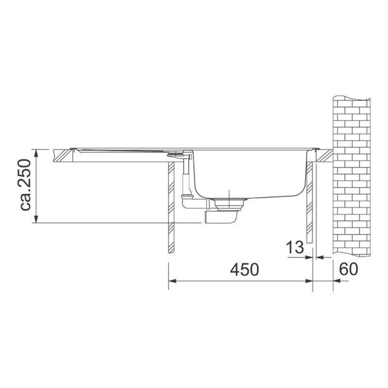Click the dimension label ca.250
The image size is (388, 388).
point(26,185)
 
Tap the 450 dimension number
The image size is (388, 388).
point(244,270)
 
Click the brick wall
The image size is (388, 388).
point(352,177)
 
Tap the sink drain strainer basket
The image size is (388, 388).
point(230,204)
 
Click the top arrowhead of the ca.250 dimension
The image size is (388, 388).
point(36,153)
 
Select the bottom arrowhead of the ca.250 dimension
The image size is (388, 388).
point(36,219)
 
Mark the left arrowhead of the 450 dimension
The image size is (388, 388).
point(172,281)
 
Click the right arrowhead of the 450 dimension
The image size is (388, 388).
point(309,281)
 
